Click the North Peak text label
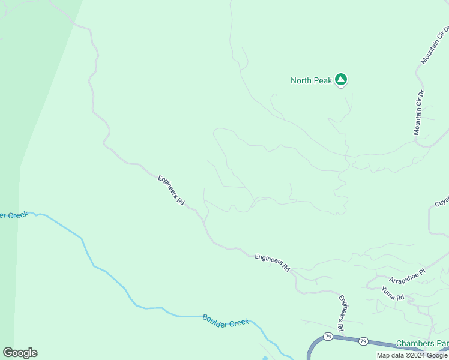(311, 80)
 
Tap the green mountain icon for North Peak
(341, 79)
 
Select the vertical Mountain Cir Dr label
(419, 113)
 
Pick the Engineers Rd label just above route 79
(342, 313)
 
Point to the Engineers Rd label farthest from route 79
(171, 190)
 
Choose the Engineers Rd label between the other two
(272, 262)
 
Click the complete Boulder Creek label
(225, 320)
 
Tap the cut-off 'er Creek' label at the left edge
(14, 215)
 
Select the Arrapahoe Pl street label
(407, 276)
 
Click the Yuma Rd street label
(393, 293)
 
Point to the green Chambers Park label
(422, 344)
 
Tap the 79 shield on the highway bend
(327, 336)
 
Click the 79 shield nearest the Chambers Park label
(363, 341)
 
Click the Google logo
(20, 353)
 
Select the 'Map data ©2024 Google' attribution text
(412, 355)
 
